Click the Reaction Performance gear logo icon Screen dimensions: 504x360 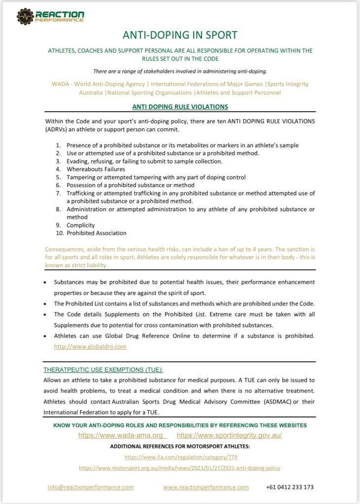click(25, 17)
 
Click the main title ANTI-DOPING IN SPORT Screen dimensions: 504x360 click(180, 35)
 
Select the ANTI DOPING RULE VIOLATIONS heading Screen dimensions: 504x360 click(180, 107)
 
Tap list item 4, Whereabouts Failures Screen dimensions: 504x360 click(96, 169)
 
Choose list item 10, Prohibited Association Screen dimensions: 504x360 click(97, 233)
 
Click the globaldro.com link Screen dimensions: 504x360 click(90, 346)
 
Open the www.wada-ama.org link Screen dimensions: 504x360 click(121, 436)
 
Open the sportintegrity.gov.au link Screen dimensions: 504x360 click(229, 436)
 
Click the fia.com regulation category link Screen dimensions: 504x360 click(180, 457)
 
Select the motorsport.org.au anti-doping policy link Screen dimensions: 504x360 click(180, 468)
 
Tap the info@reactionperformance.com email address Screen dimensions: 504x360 click(91, 487)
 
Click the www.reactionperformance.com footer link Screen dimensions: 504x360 click(206, 487)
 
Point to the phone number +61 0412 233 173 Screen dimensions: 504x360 click(290, 487)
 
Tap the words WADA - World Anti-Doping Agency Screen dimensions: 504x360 click(98, 84)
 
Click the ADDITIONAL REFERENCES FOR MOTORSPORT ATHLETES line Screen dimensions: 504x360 click(180, 446)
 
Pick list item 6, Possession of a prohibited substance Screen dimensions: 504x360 click(131, 185)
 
